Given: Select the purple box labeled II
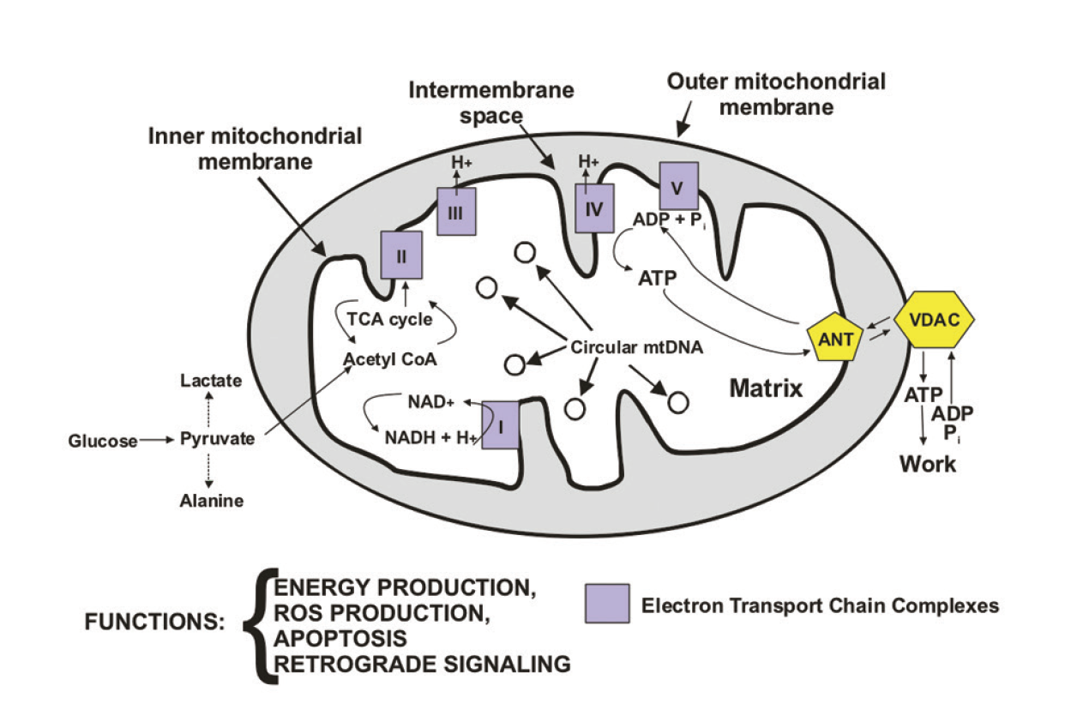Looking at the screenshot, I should (401, 255).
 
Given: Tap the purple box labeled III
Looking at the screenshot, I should (456, 212).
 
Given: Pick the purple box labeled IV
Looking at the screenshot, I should (594, 208).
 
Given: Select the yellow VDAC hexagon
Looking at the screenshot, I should (934, 320).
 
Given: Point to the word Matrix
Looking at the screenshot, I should (765, 388).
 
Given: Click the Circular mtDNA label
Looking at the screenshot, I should (636, 347).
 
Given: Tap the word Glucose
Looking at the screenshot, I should (103, 441).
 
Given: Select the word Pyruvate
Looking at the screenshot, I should (217, 439).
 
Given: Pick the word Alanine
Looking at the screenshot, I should (211, 502).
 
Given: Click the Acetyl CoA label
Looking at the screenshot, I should (390, 359).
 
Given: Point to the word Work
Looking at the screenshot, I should (927, 464).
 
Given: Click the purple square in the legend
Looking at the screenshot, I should (607, 604).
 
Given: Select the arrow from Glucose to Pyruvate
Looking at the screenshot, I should (156, 440).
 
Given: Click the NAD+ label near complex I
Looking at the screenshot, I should (430, 400).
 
